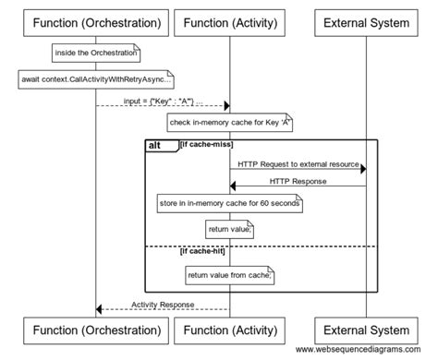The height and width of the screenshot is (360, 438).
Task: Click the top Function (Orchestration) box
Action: [x=96, y=21]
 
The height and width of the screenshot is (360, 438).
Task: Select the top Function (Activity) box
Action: [x=230, y=21]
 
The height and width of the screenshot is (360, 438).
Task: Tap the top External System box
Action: [x=366, y=21]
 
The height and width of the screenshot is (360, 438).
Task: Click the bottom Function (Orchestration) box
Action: [x=96, y=330]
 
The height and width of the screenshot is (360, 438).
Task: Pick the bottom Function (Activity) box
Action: [x=230, y=330]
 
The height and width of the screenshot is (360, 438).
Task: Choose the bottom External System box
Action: [x=366, y=330]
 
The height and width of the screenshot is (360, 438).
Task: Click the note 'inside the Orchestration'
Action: [x=96, y=54]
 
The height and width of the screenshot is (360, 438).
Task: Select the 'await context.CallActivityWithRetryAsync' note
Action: [x=96, y=79]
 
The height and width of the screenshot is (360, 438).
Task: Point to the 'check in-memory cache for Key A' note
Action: [x=230, y=122]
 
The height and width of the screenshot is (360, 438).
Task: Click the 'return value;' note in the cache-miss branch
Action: [x=230, y=228]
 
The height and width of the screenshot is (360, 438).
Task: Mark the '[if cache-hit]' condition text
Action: [x=204, y=250]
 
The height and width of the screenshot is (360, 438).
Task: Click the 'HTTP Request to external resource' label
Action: [x=298, y=163]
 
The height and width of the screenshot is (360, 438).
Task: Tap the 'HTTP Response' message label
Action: [x=298, y=181]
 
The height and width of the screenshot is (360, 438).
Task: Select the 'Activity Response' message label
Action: [x=163, y=304]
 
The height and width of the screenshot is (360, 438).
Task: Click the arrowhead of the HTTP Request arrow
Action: [x=362, y=169]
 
